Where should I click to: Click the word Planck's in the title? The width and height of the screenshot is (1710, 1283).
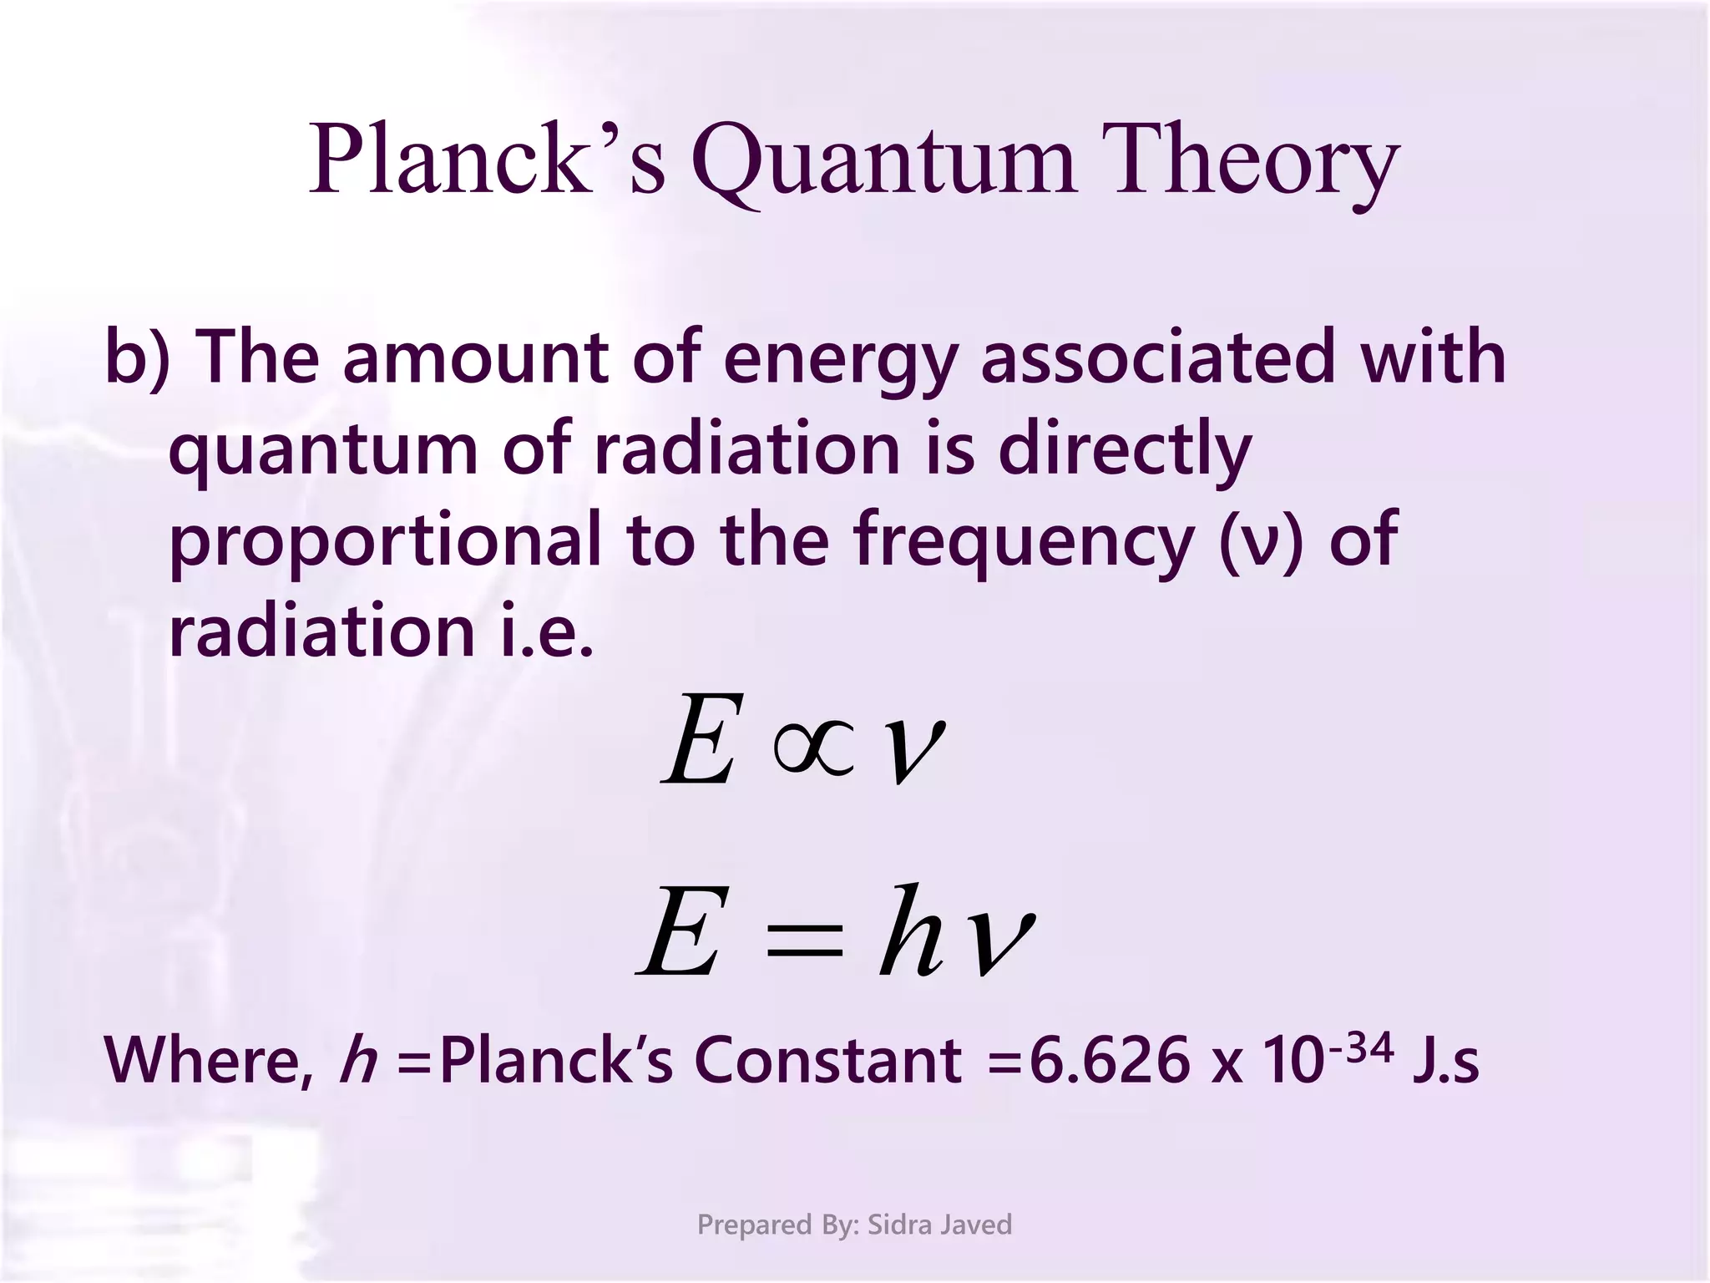(x=488, y=160)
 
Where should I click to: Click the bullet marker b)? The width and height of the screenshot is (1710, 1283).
(x=138, y=357)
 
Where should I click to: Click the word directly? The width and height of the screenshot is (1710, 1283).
(x=1125, y=452)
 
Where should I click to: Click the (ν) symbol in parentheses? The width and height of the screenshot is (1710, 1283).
(x=1261, y=541)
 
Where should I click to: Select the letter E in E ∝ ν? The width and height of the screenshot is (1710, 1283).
(x=701, y=740)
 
